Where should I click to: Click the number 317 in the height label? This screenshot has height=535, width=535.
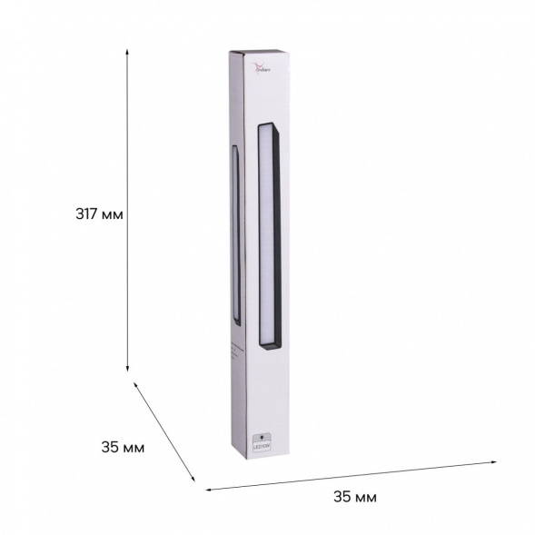88,215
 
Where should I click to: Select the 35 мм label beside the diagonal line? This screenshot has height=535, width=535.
123,447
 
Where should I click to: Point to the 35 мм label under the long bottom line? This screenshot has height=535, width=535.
355,496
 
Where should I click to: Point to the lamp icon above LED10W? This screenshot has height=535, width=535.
263,434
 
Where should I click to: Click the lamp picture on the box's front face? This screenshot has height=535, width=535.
270,234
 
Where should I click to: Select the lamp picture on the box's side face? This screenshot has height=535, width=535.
236,234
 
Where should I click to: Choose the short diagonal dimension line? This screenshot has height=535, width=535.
164,431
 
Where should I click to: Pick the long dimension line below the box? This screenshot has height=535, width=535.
351,475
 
